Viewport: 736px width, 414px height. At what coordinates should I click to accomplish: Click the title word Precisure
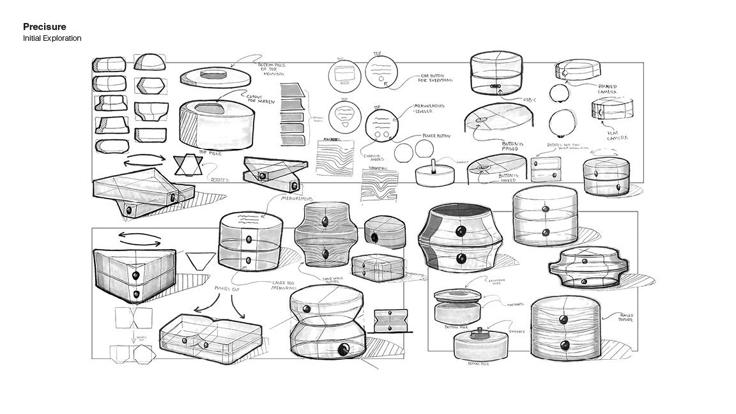pos(45,27)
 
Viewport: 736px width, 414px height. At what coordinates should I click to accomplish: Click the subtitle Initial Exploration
pos(52,38)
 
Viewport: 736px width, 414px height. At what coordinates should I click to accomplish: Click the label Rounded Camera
pos(607,89)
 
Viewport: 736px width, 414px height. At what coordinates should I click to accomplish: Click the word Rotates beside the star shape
pos(220,180)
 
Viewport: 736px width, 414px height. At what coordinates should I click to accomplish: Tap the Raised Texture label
pos(624,317)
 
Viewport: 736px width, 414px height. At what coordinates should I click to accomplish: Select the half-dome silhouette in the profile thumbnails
pos(149,62)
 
